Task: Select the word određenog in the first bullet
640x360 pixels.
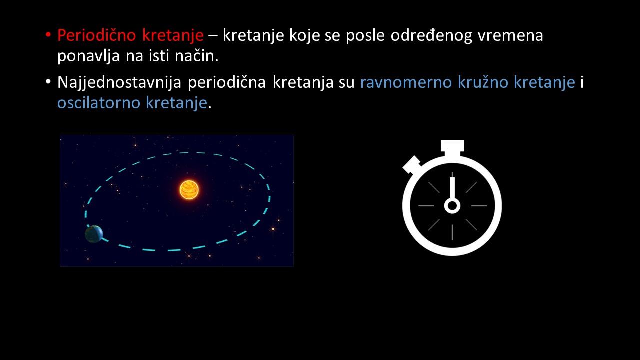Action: point(431,36)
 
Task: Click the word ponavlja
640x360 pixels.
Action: point(88,56)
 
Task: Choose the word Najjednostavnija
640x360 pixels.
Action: point(119,83)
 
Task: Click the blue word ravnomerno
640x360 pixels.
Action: point(406,83)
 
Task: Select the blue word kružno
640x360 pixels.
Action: point(483,82)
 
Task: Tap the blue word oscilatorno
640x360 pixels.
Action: point(99,103)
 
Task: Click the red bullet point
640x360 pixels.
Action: point(48,35)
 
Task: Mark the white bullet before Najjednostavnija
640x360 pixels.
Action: point(48,82)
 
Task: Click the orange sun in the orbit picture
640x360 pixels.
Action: point(189,190)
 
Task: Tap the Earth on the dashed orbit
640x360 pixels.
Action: point(94,234)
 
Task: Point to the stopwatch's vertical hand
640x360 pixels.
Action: point(452,189)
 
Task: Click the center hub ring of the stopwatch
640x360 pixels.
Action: point(452,205)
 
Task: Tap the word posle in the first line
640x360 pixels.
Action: point(365,36)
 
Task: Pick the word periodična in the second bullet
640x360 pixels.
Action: point(227,83)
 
